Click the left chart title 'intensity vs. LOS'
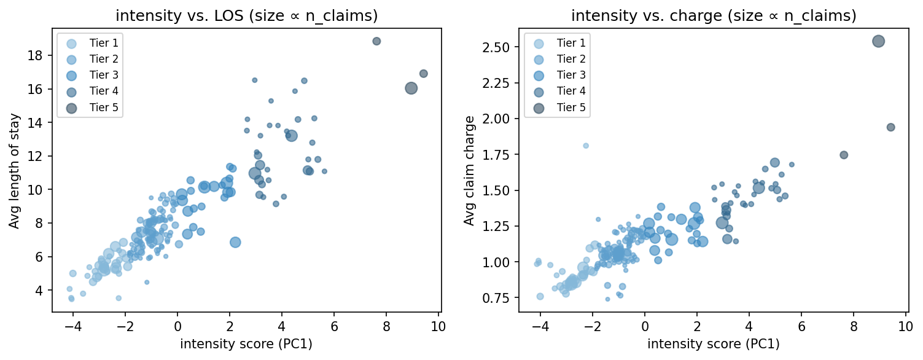(x=246, y=16)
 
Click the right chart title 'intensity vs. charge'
(x=714, y=16)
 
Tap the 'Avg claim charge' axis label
(x=470, y=171)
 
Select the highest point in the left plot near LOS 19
(x=376, y=41)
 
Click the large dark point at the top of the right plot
(x=878, y=41)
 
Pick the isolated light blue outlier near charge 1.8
(x=585, y=146)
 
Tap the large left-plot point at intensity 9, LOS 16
(x=411, y=88)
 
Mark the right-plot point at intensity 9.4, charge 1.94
(x=890, y=127)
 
